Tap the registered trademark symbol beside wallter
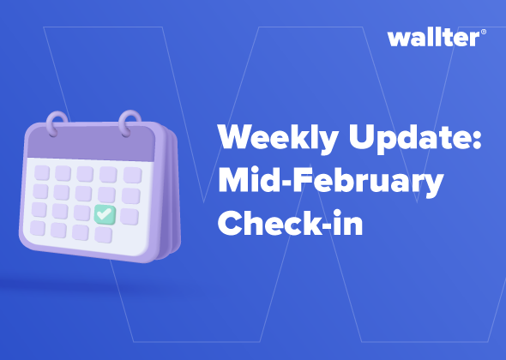click(x=484, y=32)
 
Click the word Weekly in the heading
click(x=278, y=138)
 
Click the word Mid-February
click(x=331, y=182)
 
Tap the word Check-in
click(x=291, y=222)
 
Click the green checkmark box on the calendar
click(x=105, y=214)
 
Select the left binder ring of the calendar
click(x=57, y=124)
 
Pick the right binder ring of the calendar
click(x=130, y=124)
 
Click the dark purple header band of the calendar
click(x=91, y=142)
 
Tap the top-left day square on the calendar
click(x=42, y=173)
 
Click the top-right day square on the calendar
click(x=132, y=175)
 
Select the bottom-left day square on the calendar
click(x=38, y=228)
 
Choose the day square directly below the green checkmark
click(x=103, y=235)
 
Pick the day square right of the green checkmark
click(x=130, y=217)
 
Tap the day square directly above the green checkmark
click(x=107, y=195)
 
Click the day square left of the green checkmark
click(x=82, y=213)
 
